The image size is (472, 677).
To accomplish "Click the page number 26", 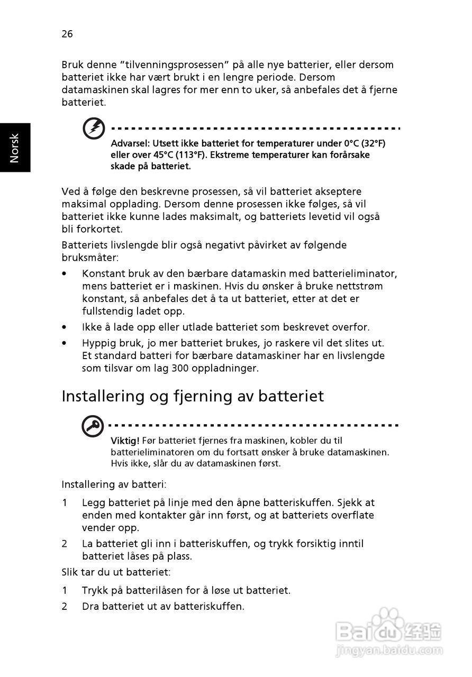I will [x=67, y=34].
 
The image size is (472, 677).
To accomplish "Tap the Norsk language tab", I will [x=15, y=148].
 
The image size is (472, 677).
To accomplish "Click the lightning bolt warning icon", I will [x=93, y=129].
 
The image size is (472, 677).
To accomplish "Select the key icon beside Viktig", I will [x=93, y=426].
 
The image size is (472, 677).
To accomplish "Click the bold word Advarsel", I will [x=130, y=144].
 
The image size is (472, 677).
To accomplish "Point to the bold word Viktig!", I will [x=125, y=441].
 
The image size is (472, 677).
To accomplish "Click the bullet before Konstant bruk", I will [x=65, y=274].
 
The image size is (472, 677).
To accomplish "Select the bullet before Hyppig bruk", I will [x=65, y=343].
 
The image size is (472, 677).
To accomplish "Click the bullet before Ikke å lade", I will [x=65, y=327].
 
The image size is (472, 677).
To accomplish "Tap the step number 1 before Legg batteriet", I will [x=65, y=503].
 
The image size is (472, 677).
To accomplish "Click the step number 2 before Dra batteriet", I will [x=65, y=607].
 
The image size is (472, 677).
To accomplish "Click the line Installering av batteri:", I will [x=114, y=484].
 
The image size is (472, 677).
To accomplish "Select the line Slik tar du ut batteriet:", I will [x=116, y=572].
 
